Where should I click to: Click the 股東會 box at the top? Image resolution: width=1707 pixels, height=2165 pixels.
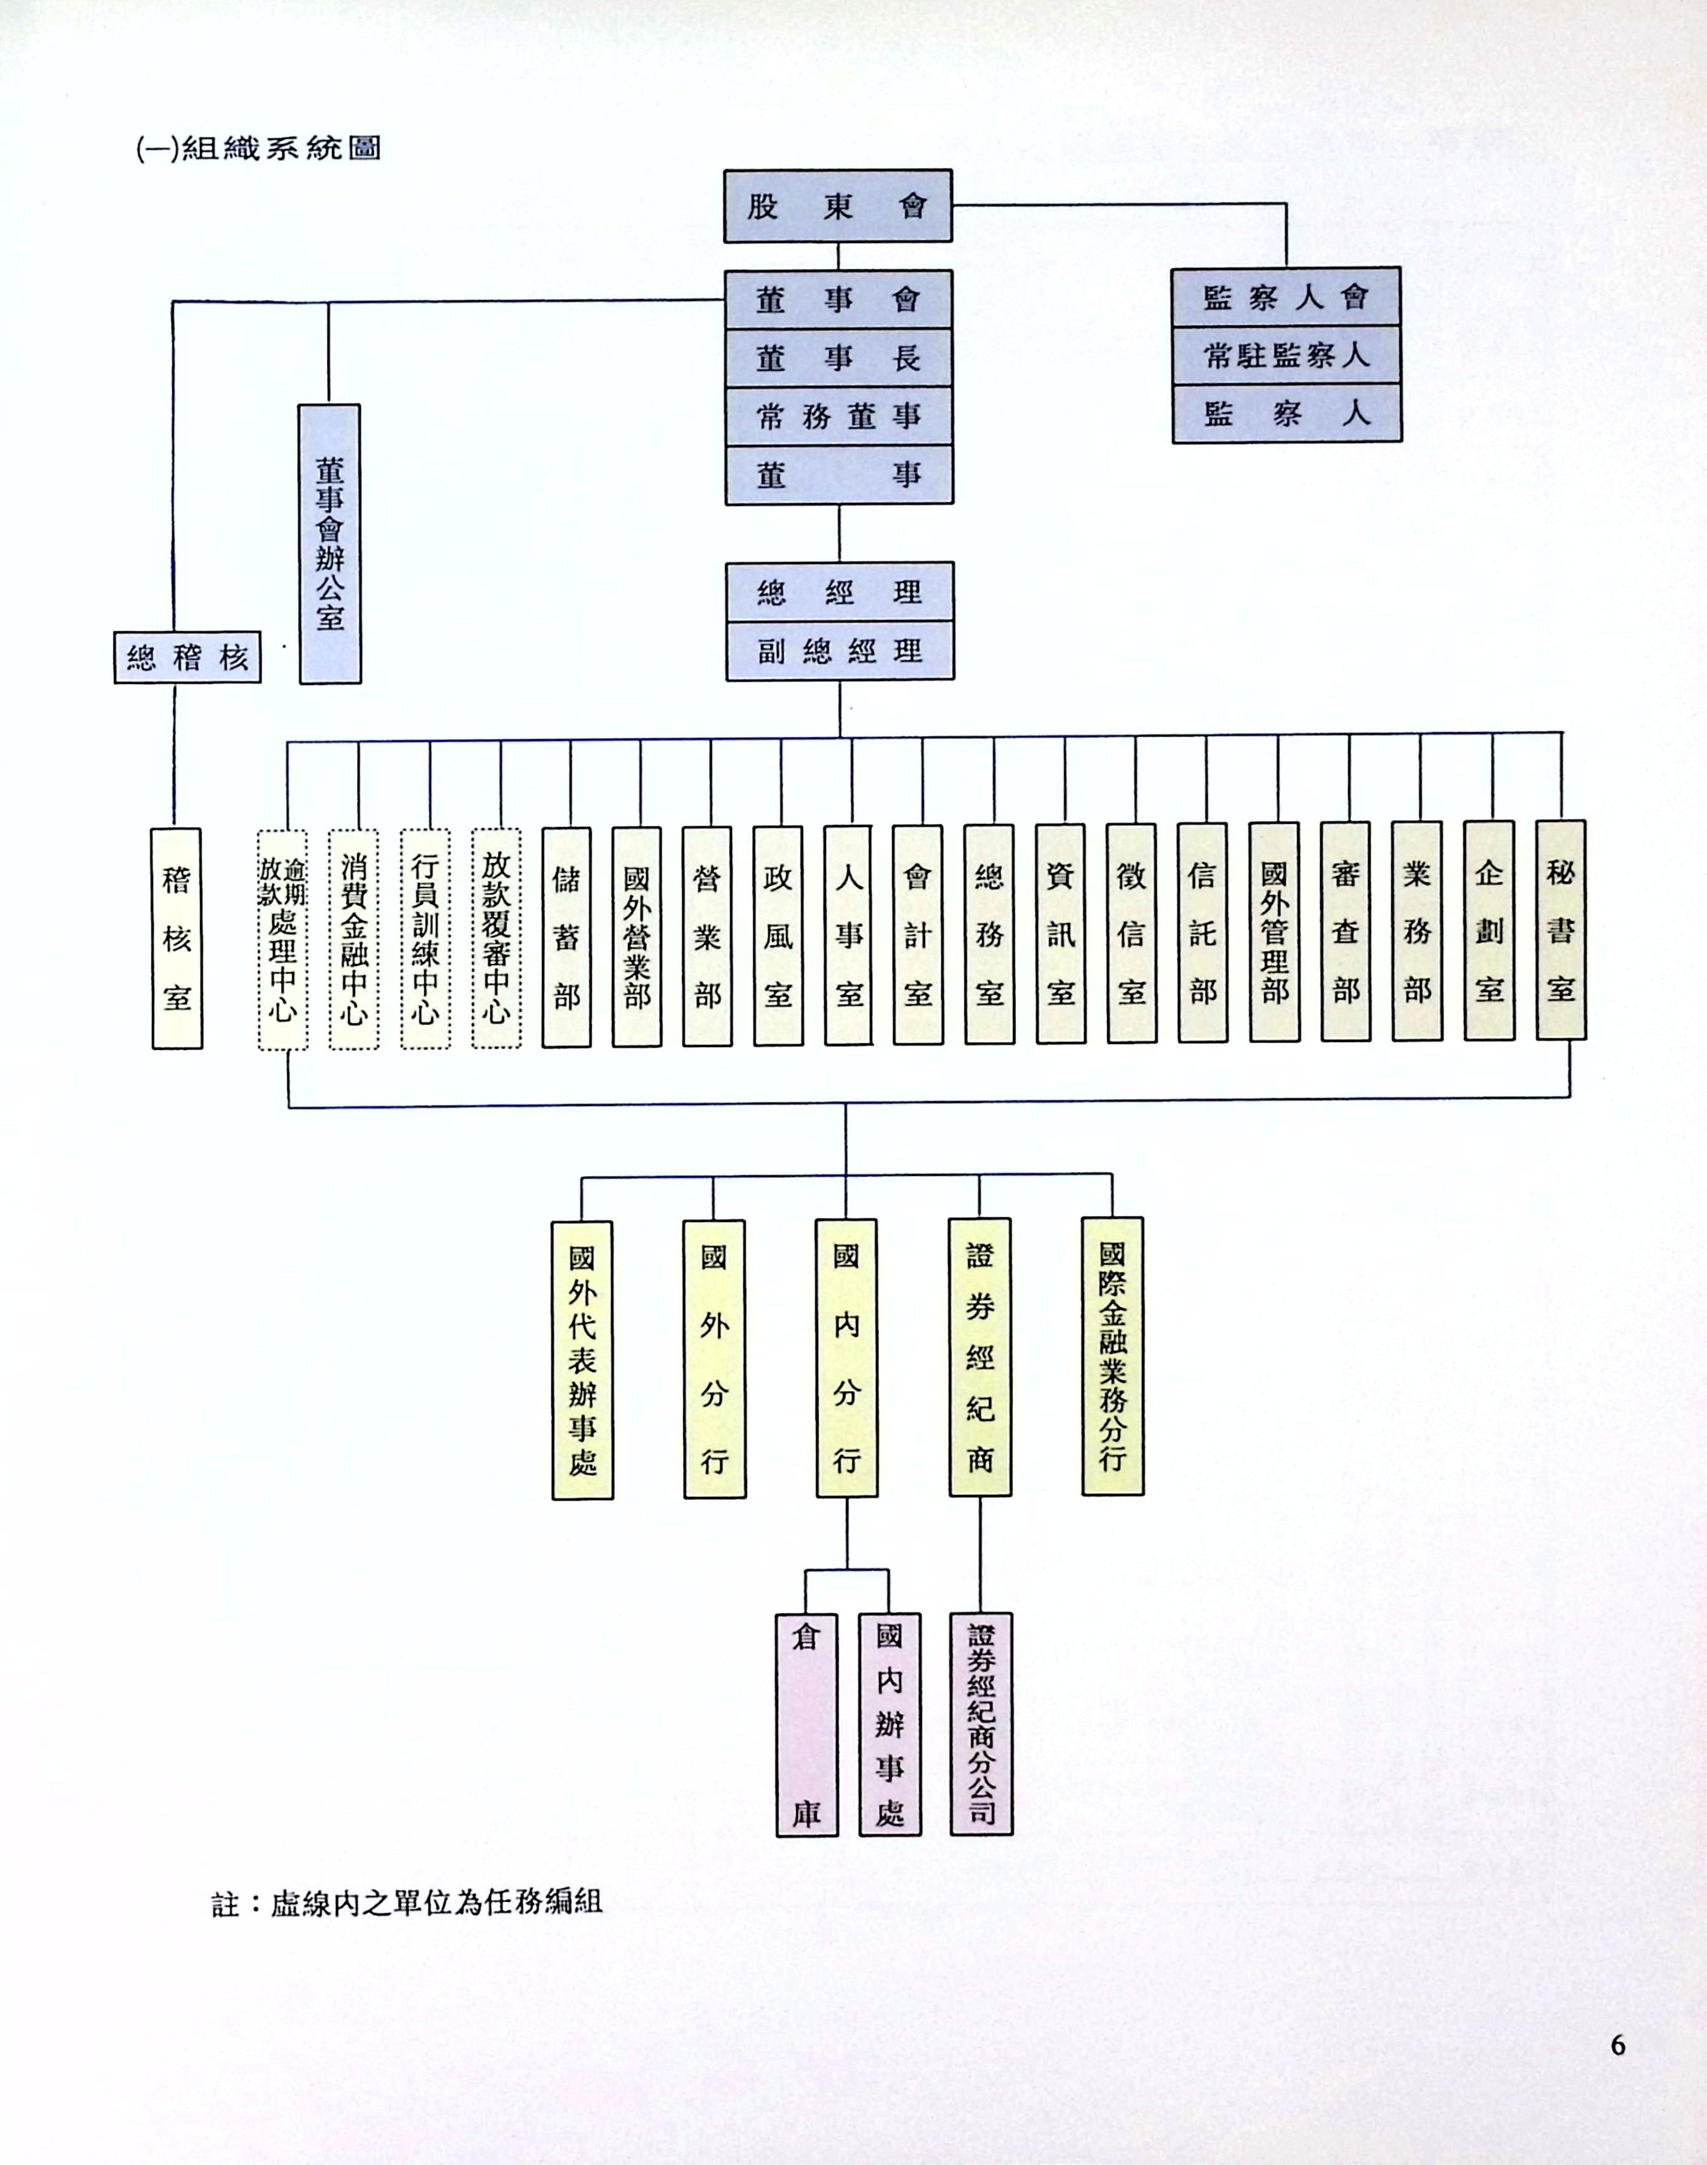837,206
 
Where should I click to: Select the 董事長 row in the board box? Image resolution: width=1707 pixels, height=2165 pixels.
839,358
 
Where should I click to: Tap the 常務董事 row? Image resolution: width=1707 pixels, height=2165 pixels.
839,416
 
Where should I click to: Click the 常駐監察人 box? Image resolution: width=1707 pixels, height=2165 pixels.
1286,355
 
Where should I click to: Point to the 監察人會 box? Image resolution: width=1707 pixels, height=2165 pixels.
1286,297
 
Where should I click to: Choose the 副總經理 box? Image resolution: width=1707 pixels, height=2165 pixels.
840,651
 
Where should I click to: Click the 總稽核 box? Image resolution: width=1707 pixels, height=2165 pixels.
187,657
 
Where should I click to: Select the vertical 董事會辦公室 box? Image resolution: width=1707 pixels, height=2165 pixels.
330,544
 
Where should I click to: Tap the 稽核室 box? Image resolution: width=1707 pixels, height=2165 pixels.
177,937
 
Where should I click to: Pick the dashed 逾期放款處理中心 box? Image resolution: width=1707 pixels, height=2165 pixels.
283,939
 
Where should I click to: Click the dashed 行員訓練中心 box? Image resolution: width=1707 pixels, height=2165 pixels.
425,939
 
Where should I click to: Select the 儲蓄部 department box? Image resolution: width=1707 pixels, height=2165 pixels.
567,937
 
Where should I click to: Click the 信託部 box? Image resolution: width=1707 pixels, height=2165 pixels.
1202,934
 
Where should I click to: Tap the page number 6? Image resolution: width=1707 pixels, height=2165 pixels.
1618,2045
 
